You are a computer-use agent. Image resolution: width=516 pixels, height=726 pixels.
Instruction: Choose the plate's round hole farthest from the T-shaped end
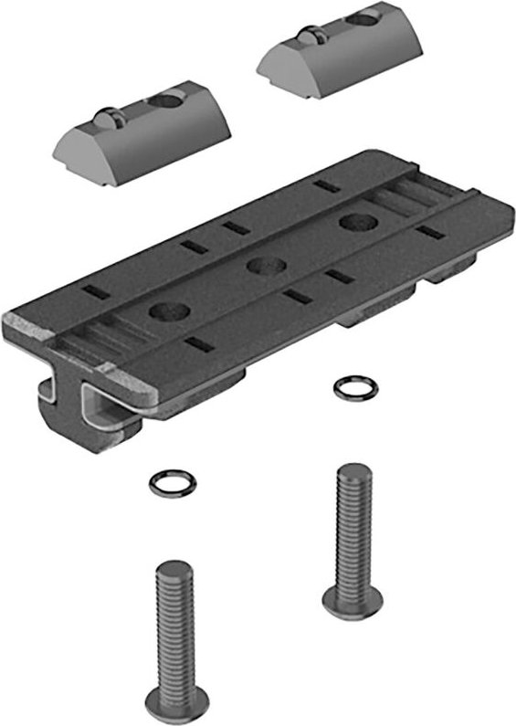[x=353, y=222]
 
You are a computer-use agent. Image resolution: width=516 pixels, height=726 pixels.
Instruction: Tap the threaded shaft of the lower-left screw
[x=174, y=630]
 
